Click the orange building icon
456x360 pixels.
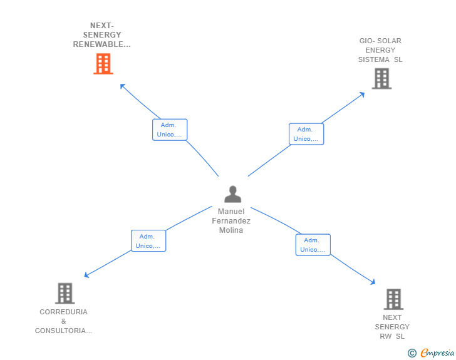103,64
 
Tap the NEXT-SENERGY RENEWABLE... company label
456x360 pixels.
101,35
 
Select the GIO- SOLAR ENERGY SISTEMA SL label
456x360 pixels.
380,50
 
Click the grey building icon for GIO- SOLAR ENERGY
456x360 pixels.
381,79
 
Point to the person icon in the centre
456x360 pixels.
233,194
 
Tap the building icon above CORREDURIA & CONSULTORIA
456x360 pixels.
65,293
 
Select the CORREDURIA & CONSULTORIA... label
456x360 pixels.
63,321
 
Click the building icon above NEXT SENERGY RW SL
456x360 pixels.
393,299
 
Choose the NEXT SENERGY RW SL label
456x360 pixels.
392,327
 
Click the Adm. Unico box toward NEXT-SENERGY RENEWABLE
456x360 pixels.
170,130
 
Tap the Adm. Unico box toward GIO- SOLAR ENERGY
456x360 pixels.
306,134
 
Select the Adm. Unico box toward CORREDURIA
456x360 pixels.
148,241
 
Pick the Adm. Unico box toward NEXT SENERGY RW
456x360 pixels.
313,245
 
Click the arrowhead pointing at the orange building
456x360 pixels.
122,86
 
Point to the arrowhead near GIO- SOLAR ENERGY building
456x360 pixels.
362,95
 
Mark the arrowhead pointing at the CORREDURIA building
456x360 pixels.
86,275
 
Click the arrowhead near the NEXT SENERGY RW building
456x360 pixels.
373,283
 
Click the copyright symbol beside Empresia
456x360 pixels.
412,353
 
